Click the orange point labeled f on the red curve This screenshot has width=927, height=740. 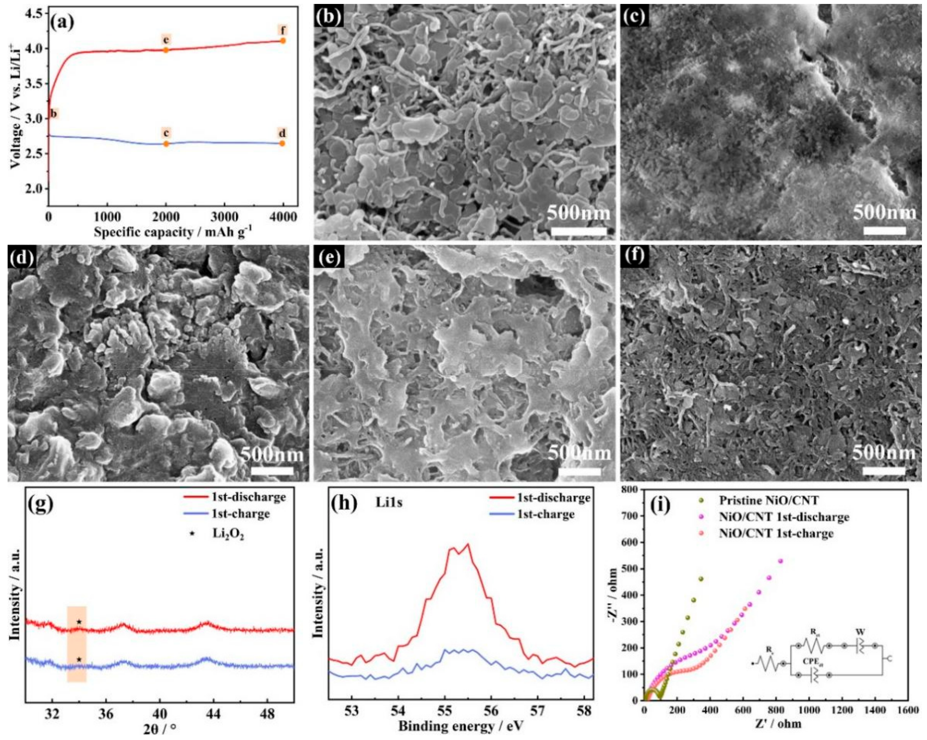click(282, 40)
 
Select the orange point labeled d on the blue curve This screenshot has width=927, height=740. click(282, 143)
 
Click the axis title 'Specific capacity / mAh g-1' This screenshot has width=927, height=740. click(173, 232)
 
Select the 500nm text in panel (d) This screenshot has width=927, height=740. click(272, 455)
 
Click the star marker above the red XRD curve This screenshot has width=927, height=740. click(79, 622)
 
